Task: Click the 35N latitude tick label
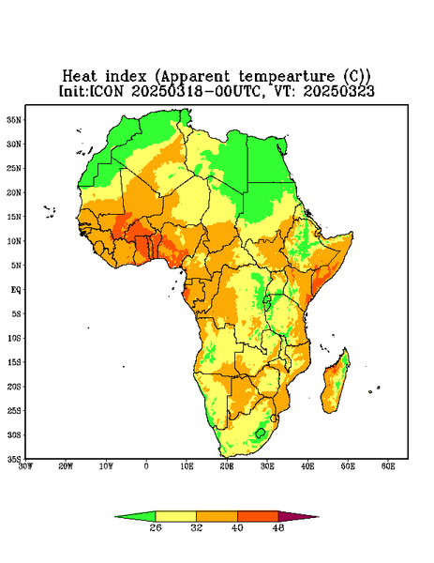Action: point(14,120)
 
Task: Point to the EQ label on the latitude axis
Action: point(15,290)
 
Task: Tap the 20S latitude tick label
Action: point(14,387)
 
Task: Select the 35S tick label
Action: point(14,459)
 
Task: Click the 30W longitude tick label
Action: point(25,466)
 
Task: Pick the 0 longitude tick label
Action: point(146,466)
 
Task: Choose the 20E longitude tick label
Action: point(227,466)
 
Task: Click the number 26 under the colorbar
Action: point(156,527)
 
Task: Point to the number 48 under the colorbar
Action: point(278,527)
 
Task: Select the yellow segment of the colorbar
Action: point(175,516)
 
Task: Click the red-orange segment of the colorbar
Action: point(258,516)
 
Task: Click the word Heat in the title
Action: point(80,77)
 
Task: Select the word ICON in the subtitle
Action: point(106,91)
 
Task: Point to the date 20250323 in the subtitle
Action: point(339,91)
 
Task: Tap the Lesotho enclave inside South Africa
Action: point(260,433)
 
